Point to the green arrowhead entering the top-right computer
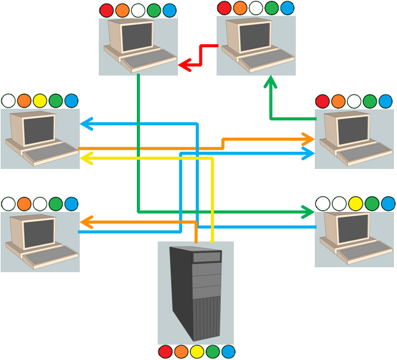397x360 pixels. tap(271, 82)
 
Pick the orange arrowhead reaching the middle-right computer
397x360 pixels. tap(309, 140)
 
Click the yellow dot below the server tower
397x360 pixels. tap(196, 351)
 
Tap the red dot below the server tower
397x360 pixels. tap(164, 351)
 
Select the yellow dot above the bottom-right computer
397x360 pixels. tap(355, 203)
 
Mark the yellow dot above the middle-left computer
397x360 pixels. tap(40, 101)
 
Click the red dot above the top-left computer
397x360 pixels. tap(106, 10)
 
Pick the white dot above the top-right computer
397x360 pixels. tap(255, 8)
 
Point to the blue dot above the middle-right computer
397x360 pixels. tap(385, 101)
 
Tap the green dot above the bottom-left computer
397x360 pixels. tap(55, 203)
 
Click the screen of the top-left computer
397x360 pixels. tap(136, 36)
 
